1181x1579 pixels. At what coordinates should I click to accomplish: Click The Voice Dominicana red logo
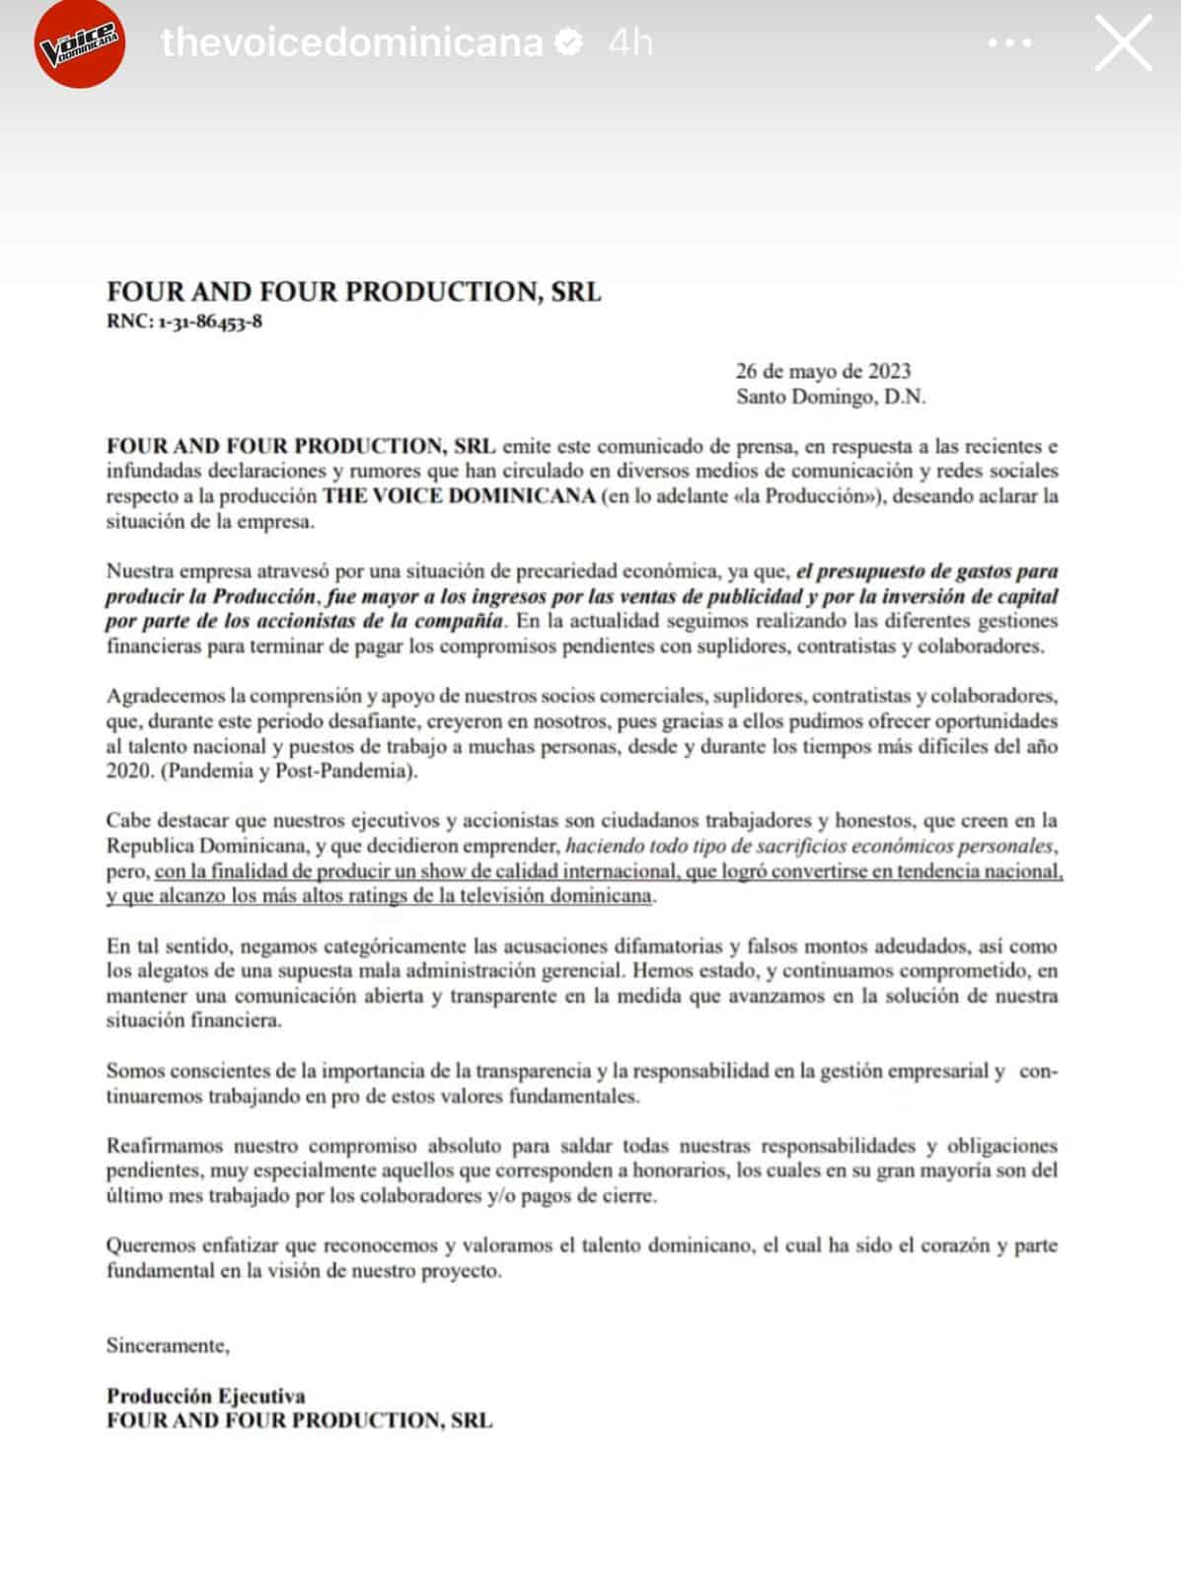[x=79, y=44]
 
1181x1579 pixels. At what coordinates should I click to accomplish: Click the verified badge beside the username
[x=569, y=42]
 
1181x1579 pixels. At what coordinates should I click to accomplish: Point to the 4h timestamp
[x=630, y=42]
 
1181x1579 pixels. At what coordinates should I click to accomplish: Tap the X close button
[x=1123, y=43]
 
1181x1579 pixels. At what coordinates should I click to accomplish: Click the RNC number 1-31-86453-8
[x=208, y=322]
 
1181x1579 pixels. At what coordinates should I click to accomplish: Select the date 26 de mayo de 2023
[x=823, y=371]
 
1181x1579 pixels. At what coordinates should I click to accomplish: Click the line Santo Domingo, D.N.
[x=831, y=397]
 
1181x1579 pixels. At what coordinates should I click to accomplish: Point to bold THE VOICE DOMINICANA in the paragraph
[x=459, y=495]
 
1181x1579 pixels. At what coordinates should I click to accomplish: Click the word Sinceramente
[x=168, y=1345]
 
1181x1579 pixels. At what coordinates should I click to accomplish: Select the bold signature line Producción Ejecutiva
[x=206, y=1395]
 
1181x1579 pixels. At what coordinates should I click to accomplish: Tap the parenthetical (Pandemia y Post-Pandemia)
[x=289, y=771]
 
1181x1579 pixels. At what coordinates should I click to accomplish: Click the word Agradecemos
[x=167, y=696]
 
